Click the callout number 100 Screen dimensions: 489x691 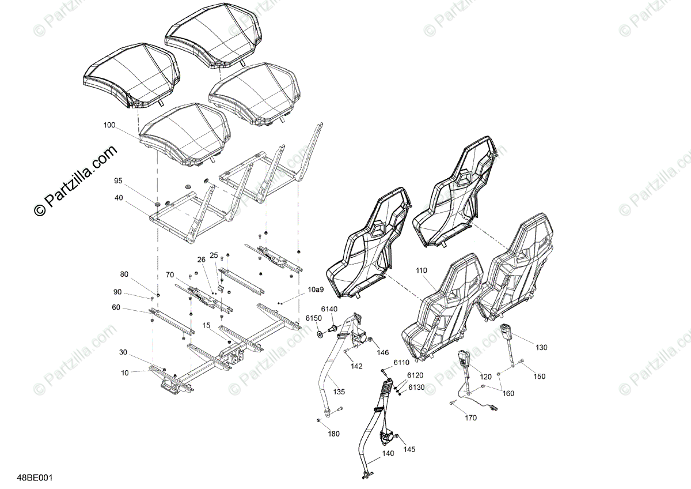pyautogui.click(x=109, y=125)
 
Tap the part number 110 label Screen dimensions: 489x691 pyautogui.click(x=422, y=270)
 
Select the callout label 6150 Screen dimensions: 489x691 pyautogui.click(x=313, y=318)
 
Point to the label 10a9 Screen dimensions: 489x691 pyautogui.click(x=316, y=289)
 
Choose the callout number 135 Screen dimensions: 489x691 pyautogui.click(x=339, y=392)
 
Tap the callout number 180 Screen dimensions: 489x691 pyautogui.click(x=333, y=434)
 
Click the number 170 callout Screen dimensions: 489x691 pyautogui.click(x=470, y=418)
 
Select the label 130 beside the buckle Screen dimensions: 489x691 pyautogui.click(x=541, y=347)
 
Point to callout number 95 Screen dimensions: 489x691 pyautogui.click(x=118, y=180)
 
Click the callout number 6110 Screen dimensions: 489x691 pyautogui.click(x=401, y=363)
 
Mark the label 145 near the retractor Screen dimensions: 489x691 pyautogui.click(x=409, y=449)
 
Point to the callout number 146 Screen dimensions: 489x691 pyautogui.click(x=383, y=352)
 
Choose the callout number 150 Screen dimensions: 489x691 pyautogui.click(x=538, y=377)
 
